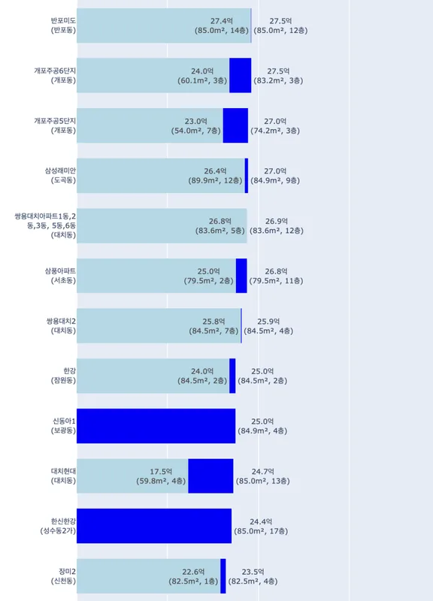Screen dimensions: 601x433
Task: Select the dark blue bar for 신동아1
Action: point(156,426)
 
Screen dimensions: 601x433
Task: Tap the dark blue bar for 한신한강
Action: point(154,526)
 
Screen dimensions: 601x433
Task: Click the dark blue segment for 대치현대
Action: point(210,476)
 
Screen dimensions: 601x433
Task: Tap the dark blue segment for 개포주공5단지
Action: point(235,125)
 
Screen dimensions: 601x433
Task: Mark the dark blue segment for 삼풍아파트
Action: point(241,276)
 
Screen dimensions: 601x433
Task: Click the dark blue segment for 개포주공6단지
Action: point(240,75)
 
